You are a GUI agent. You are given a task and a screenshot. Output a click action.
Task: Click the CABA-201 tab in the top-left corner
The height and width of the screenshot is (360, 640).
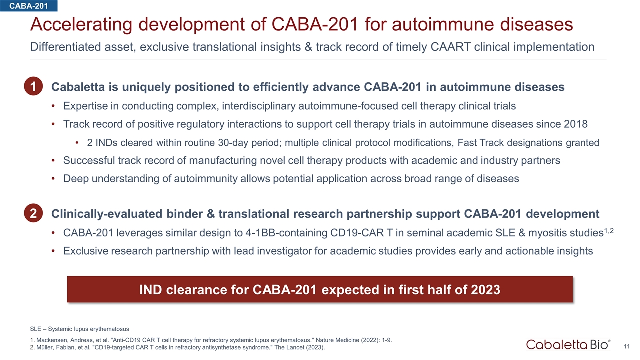(28, 5)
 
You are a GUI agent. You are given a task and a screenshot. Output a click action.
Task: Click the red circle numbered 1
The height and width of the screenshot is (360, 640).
(33, 86)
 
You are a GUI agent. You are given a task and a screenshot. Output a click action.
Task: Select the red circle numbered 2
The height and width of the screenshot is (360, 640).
(33, 213)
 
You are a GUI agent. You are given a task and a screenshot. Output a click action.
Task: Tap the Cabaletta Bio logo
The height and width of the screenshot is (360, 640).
(568, 345)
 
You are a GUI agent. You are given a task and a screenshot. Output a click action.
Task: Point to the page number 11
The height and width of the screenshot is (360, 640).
(627, 346)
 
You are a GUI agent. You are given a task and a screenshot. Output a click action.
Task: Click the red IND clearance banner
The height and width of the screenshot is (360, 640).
(320, 289)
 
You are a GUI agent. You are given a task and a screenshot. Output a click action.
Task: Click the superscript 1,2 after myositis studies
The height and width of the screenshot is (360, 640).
(609, 231)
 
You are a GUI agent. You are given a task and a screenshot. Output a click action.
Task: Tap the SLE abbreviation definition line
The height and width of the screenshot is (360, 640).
(79, 329)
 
